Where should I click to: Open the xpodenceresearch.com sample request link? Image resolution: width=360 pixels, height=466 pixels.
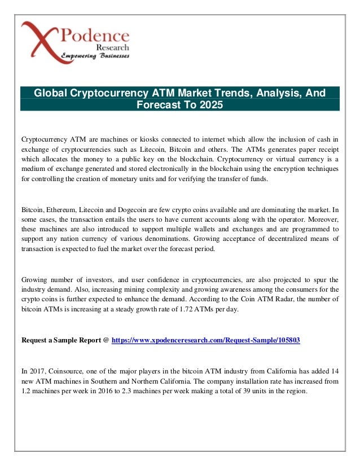[206, 340]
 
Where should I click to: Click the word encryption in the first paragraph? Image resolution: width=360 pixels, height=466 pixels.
[284, 169]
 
